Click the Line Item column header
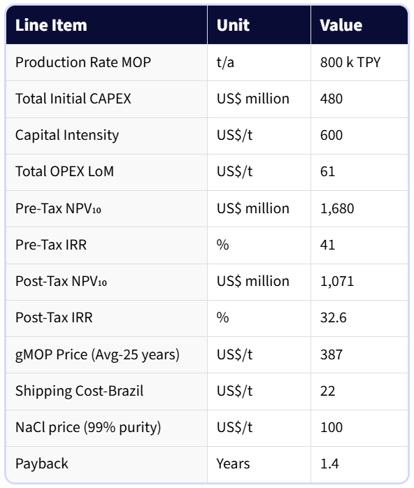51,25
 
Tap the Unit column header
233,25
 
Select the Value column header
341,25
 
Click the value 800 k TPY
350,62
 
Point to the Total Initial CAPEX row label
73,99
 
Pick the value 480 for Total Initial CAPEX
331,99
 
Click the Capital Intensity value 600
331,135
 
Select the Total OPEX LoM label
65,171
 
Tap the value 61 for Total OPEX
327,171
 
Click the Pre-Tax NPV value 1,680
337,208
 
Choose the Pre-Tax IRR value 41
327,245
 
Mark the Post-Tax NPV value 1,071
337,281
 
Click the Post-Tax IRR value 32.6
333,317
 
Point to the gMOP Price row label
97,354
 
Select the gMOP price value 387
331,354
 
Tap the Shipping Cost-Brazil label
80,391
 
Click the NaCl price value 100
331,427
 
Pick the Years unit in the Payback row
233,464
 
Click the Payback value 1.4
329,464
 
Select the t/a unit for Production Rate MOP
225,62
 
